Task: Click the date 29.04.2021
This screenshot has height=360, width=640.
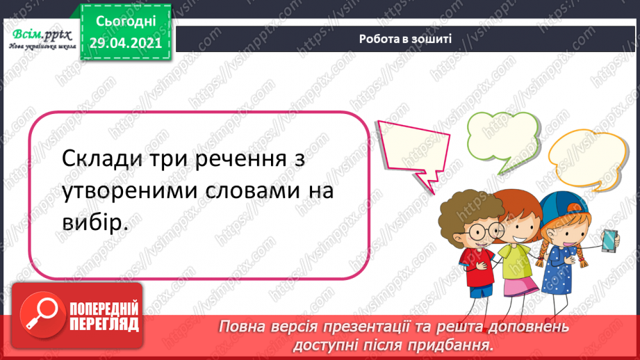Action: pyautogui.click(x=125, y=42)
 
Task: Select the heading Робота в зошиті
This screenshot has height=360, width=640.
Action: pyautogui.click(x=405, y=39)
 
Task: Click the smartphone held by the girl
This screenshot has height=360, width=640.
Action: pyautogui.click(x=609, y=240)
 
